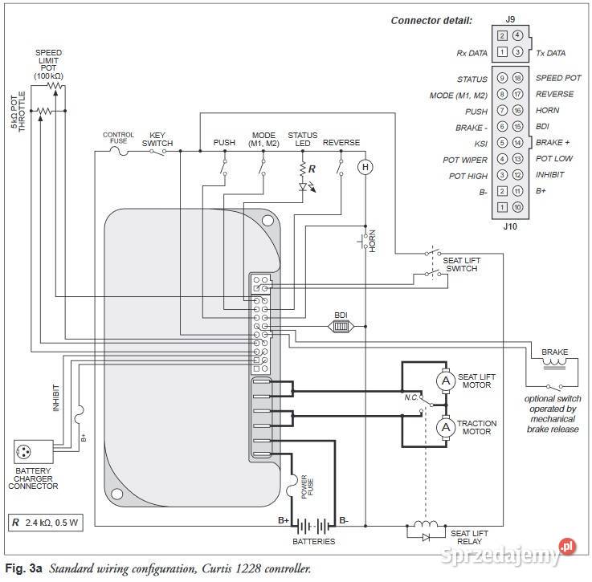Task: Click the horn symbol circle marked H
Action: pyautogui.click(x=365, y=167)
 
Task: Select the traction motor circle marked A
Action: pyautogui.click(x=444, y=428)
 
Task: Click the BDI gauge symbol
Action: pyautogui.click(x=339, y=326)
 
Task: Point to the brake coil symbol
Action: pyautogui.click(x=553, y=363)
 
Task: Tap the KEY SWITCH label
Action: pyautogui.click(x=157, y=140)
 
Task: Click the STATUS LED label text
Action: pyautogui.click(x=303, y=140)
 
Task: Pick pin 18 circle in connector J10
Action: pyautogui.click(x=516, y=79)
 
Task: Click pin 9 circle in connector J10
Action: pyautogui.click(x=502, y=79)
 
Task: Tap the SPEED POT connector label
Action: pyautogui.click(x=558, y=79)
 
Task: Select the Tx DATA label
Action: pyautogui.click(x=550, y=53)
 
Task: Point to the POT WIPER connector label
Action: pyautogui.click(x=465, y=160)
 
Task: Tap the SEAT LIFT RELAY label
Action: pyautogui.click(x=469, y=537)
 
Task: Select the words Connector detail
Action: pyautogui.click(x=431, y=20)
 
